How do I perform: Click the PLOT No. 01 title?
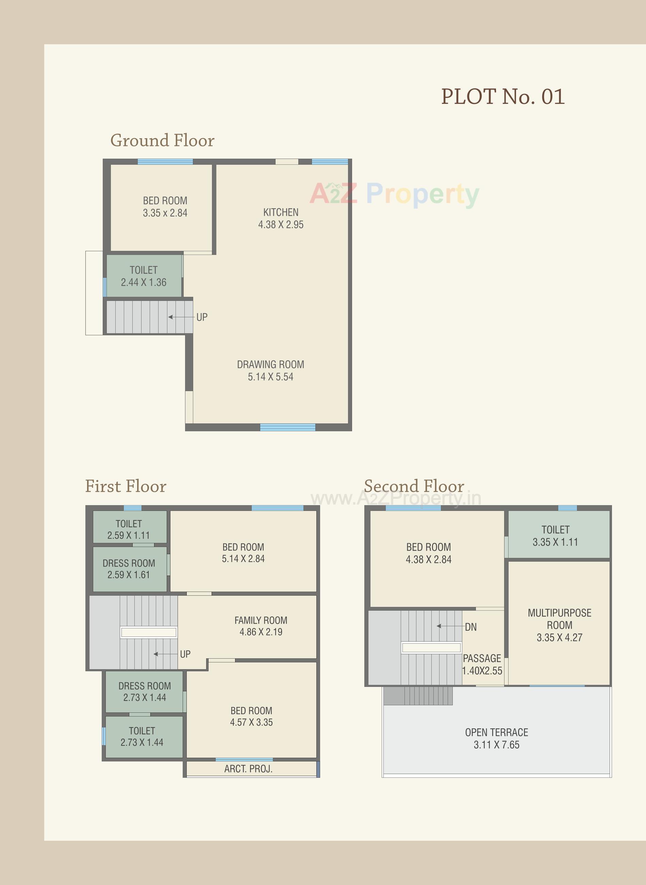click(x=503, y=97)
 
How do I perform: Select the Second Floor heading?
click(x=414, y=486)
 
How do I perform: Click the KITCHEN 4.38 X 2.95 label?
click(x=281, y=218)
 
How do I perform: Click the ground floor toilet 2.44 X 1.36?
click(x=144, y=276)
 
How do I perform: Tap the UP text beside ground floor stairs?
click(x=202, y=317)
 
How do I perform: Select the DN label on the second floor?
click(x=470, y=627)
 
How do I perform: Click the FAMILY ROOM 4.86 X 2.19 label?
click(x=261, y=626)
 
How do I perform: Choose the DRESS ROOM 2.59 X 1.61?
click(x=129, y=569)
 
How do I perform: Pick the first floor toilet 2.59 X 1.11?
click(x=129, y=529)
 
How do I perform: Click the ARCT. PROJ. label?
click(x=248, y=769)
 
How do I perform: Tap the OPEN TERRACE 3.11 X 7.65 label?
click(x=496, y=738)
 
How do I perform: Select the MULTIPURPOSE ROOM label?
click(x=559, y=625)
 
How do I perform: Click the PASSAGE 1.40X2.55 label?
click(x=482, y=664)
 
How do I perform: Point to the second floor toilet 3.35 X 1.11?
click(x=555, y=536)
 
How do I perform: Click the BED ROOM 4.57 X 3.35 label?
click(x=251, y=717)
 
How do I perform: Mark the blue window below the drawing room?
click(x=287, y=427)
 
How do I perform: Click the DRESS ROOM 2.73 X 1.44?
click(x=145, y=692)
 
